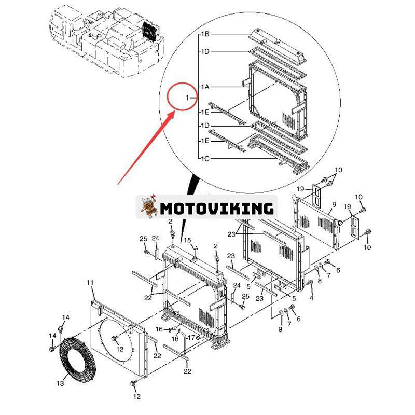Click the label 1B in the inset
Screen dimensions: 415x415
(205, 34)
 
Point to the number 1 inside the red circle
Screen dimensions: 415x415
(188, 98)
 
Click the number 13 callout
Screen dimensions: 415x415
(60, 383)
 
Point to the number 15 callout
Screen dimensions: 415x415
(188, 240)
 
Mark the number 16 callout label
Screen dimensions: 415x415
(159, 329)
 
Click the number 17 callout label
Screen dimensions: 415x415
(191, 337)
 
